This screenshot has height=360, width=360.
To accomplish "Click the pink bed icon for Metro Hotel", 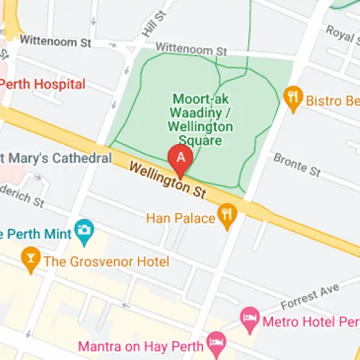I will [249, 317].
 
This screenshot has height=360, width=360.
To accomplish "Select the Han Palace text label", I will [181, 217].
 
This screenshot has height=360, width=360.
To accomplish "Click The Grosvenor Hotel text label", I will [107, 261].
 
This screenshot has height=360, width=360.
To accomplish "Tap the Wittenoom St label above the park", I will [191, 50].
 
